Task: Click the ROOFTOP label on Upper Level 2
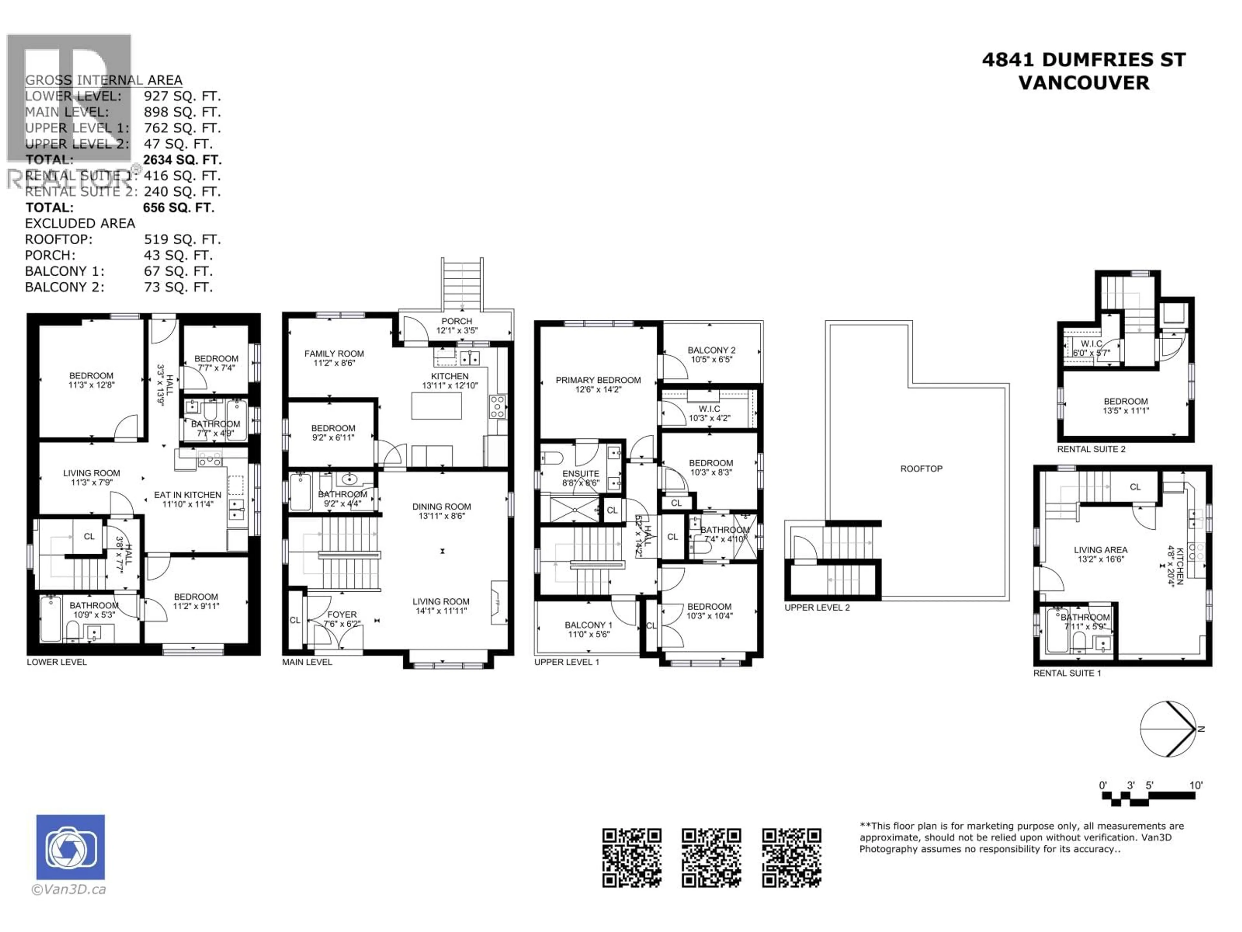coord(921,469)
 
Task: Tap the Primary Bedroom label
coord(598,380)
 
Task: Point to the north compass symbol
coord(1169,729)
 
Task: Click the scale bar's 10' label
coord(1196,785)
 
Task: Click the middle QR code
coord(711,858)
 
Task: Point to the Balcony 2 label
coord(711,350)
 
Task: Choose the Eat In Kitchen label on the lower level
coord(188,495)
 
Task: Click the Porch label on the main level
coord(456,321)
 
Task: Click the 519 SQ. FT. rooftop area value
coord(182,240)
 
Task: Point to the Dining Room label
coord(441,507)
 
